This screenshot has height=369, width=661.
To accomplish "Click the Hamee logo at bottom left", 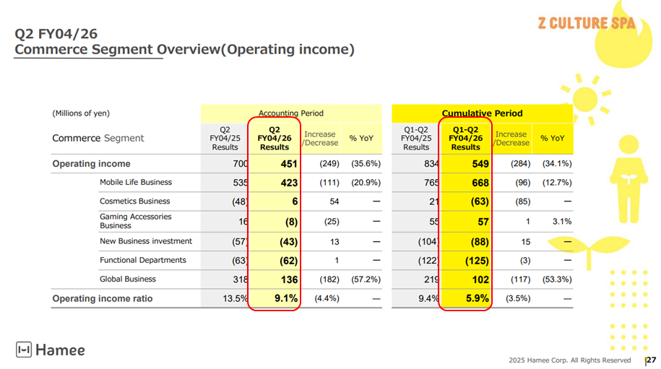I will [x=51, y=350].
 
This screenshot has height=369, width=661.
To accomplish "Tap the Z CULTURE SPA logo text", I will [x=586, y=23].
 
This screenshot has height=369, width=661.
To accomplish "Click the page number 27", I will [x=651, y=360].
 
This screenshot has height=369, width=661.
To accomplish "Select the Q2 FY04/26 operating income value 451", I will [x=289, y=164].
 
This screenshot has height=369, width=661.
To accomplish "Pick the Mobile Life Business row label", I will [x=136, y=183].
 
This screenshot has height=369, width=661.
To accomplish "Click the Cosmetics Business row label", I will [x=135, y=201].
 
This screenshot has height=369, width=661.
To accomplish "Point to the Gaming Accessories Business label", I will [x=136, y=221].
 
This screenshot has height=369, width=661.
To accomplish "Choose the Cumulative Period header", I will [x=482, y=113].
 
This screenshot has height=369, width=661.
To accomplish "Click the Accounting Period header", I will [x=291, y=113].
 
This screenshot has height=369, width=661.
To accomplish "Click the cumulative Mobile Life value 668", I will [x=480, y=183].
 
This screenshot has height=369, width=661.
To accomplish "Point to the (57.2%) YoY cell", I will [x=366, y=279].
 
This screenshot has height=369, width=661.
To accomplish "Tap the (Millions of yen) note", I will [x=81, y=113].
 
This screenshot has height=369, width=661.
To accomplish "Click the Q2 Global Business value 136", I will [x=289, y=279].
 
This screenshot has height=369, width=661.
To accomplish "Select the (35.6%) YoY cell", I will [x=366, y=164].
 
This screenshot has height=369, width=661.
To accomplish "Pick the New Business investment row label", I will [x=146, y=241].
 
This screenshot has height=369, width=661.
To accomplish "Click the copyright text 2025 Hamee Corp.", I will [x=569, y=360].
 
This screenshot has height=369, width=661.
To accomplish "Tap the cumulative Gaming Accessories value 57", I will [x=483, y=222].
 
